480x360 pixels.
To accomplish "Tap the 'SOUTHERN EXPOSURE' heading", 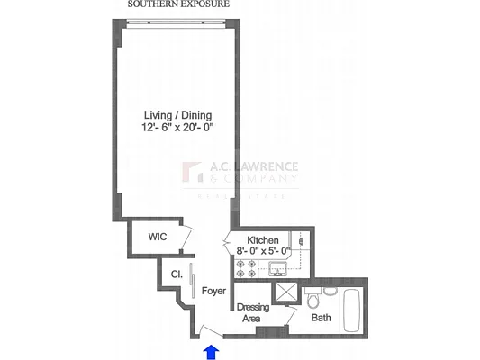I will click(x=178, y=4).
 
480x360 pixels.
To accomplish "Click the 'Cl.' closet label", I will click(x=177, y=275).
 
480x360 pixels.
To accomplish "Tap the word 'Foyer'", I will click(x=213, y=291).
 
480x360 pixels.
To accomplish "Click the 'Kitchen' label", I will click(x=263, y=239).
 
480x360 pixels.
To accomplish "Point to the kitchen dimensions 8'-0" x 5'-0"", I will click(x=263, y=251).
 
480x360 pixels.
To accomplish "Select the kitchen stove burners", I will click(x=243, y=267).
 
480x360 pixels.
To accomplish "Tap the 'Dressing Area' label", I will click(x=253, y=312).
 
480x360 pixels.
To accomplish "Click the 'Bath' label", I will click(x=321, y=318).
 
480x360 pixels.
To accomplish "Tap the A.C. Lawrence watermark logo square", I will click(x=193, y=173).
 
